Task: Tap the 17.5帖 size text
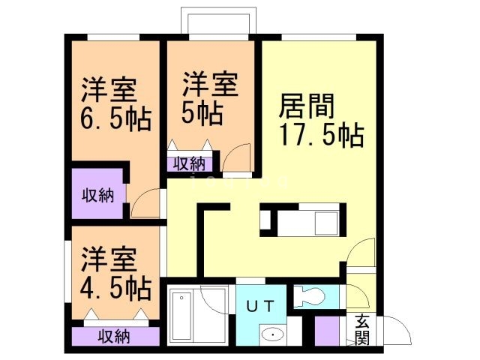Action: (321, 136)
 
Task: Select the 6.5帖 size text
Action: (115, 118)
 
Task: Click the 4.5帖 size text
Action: (115, 286)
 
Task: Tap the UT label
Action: (260, 305)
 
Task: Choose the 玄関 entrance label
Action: (362, 329)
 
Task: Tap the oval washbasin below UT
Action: (271, 334)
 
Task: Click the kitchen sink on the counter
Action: (326, 222)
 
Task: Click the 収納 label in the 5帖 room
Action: (190, 163)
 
